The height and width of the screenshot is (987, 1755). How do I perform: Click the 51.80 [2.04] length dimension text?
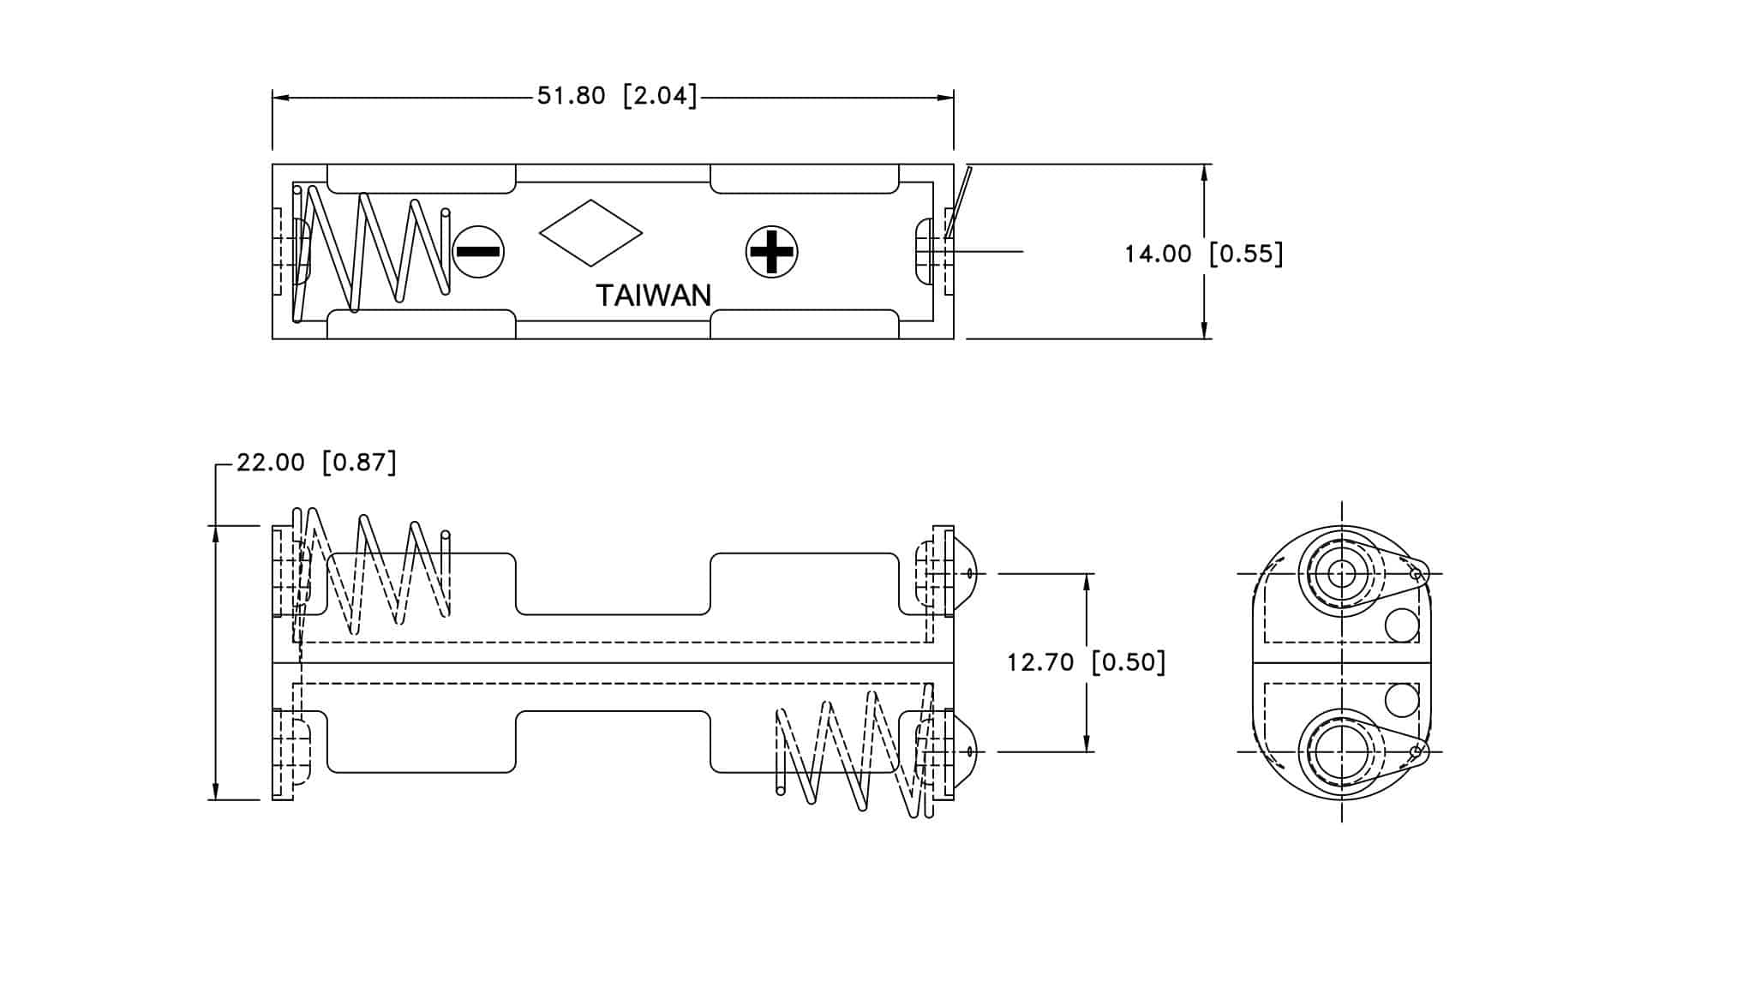(617, 95)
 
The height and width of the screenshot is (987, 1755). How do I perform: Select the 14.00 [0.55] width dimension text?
(1204, 254)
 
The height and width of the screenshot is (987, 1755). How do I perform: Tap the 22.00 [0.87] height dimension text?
(317, 463)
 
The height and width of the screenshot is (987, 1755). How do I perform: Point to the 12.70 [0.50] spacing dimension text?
(1087, 662)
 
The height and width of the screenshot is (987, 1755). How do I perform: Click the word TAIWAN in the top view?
(653, 296)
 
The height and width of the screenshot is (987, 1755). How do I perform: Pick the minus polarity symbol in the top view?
(478, 252)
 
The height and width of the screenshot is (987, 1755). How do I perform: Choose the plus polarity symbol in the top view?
(771, 252)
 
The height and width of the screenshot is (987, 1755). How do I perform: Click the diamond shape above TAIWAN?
(590, 233)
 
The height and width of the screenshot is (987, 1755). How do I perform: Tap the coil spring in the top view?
(369, 252)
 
